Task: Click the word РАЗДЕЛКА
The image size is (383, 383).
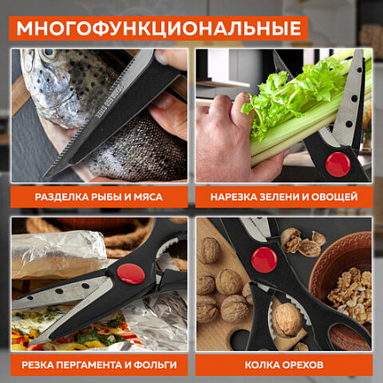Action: click(62, 197)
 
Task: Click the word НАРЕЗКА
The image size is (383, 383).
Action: click(235, 197)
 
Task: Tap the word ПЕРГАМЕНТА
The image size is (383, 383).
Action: click(96, 365)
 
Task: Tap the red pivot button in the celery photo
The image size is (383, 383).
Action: click(337, 163)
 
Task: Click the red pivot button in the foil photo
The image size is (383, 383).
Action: click(130, 273)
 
